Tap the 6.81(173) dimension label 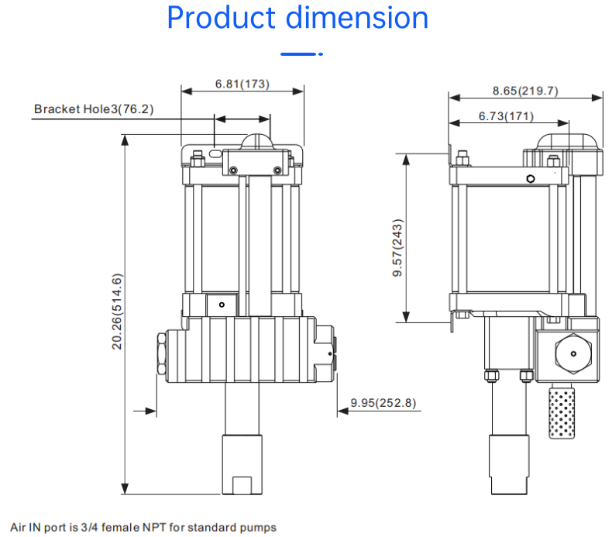pyautogui.click(x=242, y=84)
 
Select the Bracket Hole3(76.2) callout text pyautogui.click(x=94, y=109)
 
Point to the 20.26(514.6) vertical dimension pyautogui.click(x=118, y=311)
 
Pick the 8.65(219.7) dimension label pyautogui.click(x=525, y=91)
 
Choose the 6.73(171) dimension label pyautogui.click(x=506, y=116)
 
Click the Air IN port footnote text pyautogui.click(x=143, y=528)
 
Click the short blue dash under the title pyautogui.click(x=301, y=55)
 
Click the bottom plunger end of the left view pyautogui.click(x=242, y=465)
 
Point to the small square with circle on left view pyautogui.click(x=221, y=305)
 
